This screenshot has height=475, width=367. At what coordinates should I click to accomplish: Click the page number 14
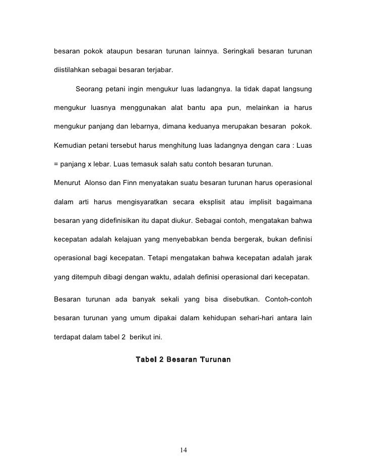point(183,450)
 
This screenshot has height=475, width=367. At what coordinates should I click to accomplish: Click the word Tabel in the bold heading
point(146,360)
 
